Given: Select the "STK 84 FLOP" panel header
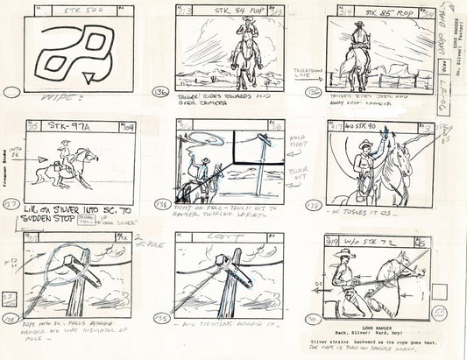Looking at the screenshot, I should click(236, 11).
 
